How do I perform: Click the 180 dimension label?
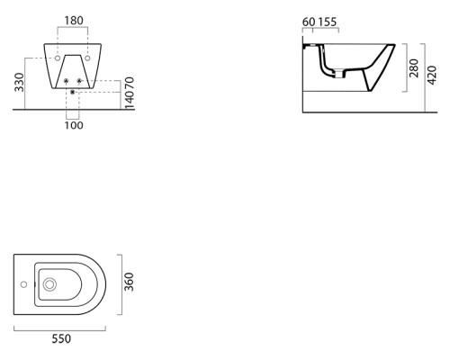[x=74, y=21]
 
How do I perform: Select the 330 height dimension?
[x=19, y=82]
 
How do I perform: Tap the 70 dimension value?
[x=130, y=83]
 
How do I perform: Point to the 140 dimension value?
[x=130, y=100]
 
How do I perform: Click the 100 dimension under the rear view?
[x=74, y=125]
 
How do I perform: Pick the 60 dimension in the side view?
[x=309, y=22]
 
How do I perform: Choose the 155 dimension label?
[x=328, y=22]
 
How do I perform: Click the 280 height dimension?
[x=414, y=68]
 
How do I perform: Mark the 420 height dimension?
[x=432, y=76]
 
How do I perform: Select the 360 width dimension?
[x=129, y=282]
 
